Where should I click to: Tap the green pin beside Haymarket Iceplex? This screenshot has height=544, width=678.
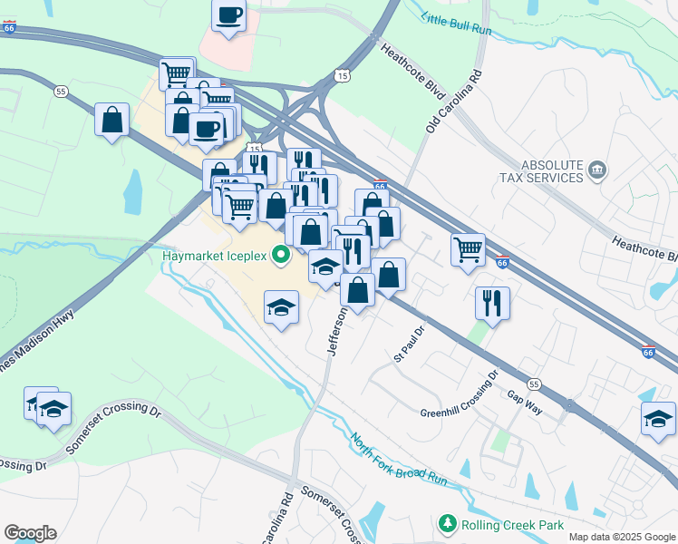coord(280,257)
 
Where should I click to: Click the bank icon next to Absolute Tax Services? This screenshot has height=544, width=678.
coord(597,170)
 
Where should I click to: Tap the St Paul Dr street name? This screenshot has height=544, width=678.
coord(409,344)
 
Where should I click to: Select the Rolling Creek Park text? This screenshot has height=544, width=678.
coord(512,525)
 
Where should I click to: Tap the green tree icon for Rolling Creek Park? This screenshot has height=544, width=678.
coord(446,524)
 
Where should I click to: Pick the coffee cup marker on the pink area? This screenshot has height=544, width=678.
coord(228,14)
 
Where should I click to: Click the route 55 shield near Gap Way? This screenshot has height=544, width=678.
coord(535,384)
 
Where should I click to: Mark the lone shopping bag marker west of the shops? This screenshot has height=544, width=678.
coord(111,121)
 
